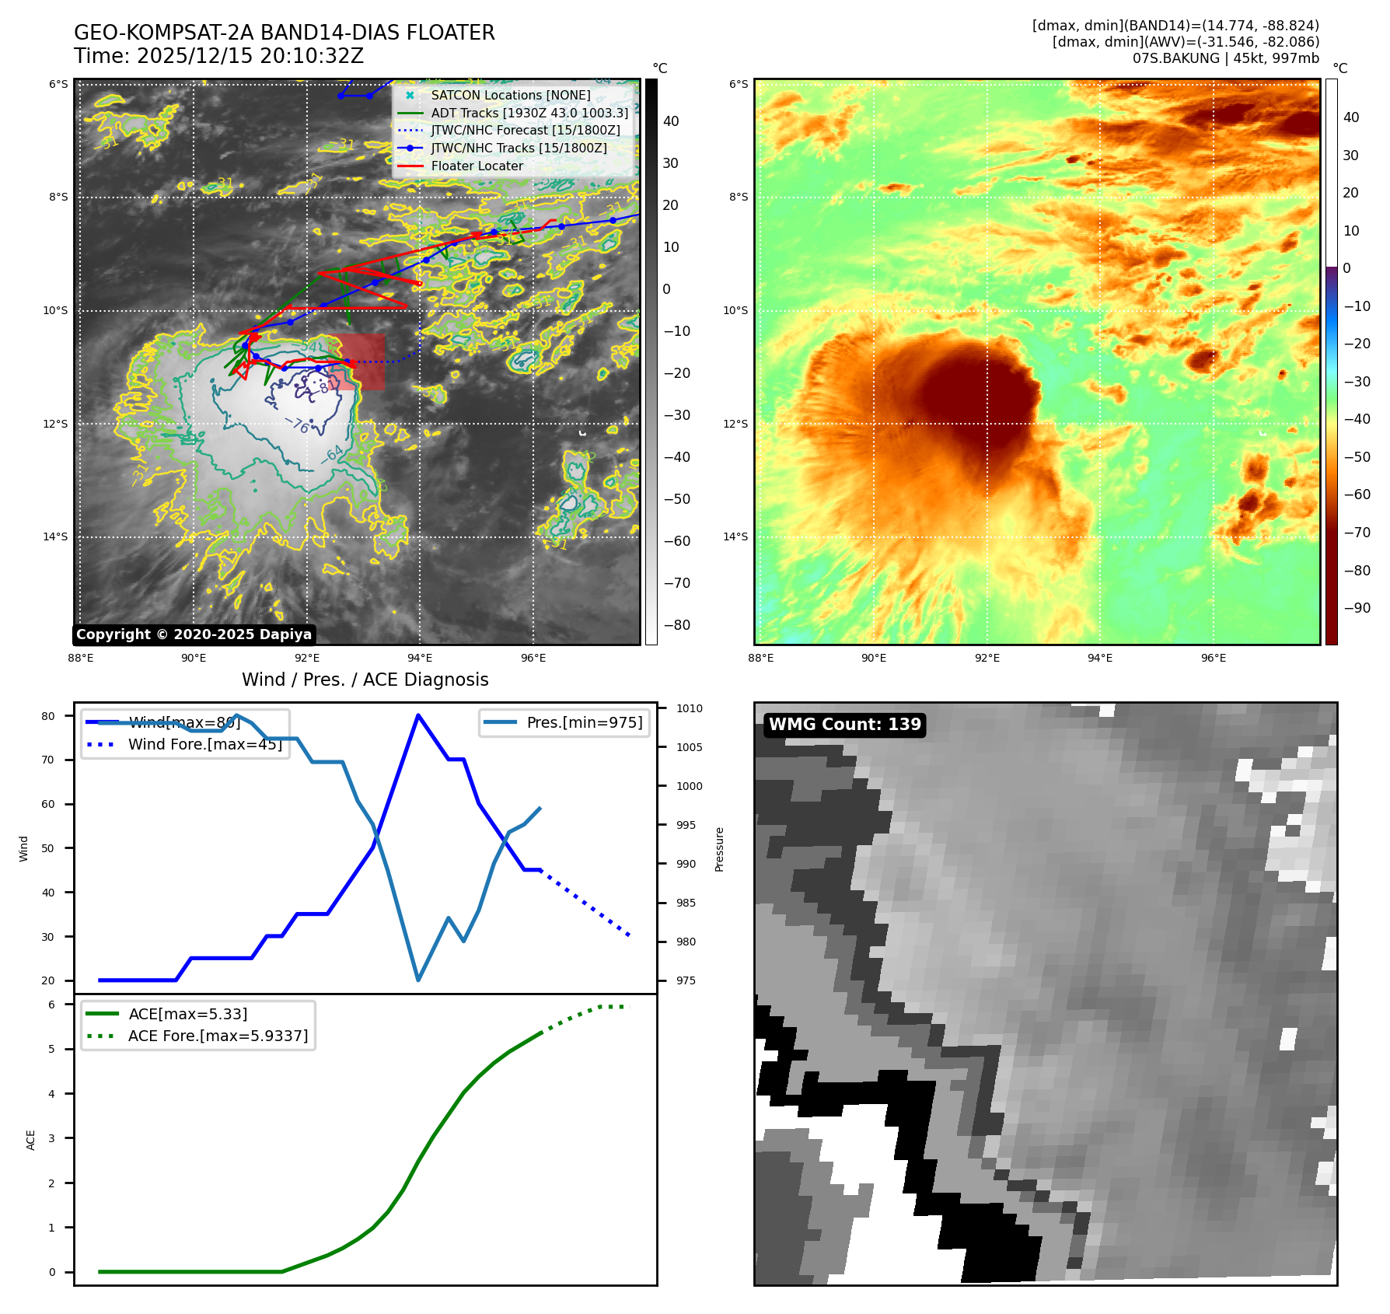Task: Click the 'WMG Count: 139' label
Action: (x=844, y=725)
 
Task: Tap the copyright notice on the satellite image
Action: (x=194, y=634)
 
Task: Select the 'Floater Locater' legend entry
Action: (x=477, y=166)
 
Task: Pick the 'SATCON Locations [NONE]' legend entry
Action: (x=510, y=95)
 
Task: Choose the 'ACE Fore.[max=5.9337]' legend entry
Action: (x=218, y=1036)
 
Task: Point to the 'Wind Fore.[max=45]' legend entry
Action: (x=204, y=744)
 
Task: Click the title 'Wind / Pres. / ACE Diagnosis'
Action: (x=365, y=680)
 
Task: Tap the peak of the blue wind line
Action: (x=418, y=715)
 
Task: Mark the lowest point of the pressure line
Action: (x=418, y=980)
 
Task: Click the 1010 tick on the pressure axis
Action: (x=689, y=708)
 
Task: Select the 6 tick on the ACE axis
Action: (x=52, y=1005)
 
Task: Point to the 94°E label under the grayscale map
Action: (x=420, y=658)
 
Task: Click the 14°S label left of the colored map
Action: (x=735, y=536)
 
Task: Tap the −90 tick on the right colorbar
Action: (x=1357, y=608)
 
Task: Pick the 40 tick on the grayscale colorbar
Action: (x=671, y=121)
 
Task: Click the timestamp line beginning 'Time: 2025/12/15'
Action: (x=218, y=56)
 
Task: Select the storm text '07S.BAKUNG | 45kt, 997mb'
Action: (x=1225, y=58)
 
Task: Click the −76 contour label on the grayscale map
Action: (x=297, y=425)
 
